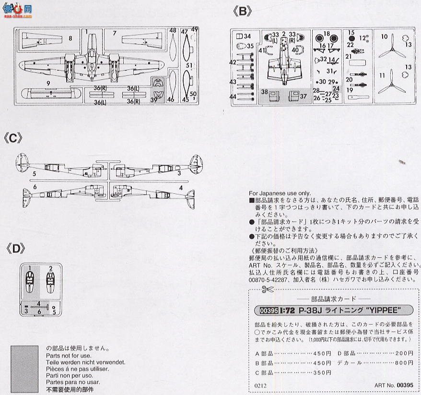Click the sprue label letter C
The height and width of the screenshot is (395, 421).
tap(13, 138)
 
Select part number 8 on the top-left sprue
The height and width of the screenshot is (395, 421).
tap(70, 38)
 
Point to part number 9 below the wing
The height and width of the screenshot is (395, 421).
tap(48, 83)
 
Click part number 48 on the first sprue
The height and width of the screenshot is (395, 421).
tap(173, 31)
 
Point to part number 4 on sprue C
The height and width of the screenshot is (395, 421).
tap(181, 187)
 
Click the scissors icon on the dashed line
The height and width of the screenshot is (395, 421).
tap(267, 289)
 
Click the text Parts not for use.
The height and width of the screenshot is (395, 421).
tap(69, 356)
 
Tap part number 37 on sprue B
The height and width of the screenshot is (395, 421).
tap(303, 96)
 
